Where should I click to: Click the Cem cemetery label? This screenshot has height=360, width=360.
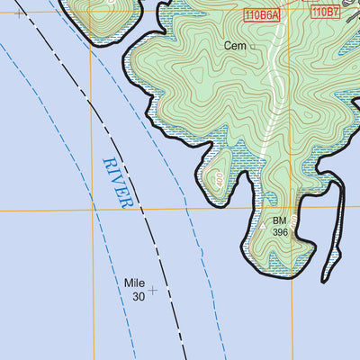click(x=236, y=44)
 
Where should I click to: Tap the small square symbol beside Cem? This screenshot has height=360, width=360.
click(x=253, y=46)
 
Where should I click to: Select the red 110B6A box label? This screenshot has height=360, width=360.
click(x=260, y=13)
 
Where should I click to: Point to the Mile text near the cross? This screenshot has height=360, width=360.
click(x=134, y=283)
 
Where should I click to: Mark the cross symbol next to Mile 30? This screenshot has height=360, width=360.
click(x=153, y=291)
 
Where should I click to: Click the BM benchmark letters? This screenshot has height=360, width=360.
click(x=279, y=220)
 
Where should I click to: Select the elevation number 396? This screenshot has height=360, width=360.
click(x=280, y=232)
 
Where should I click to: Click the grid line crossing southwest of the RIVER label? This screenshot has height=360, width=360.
click(x=93, y=210)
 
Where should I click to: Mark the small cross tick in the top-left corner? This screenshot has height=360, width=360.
click(x=18, y=13)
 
